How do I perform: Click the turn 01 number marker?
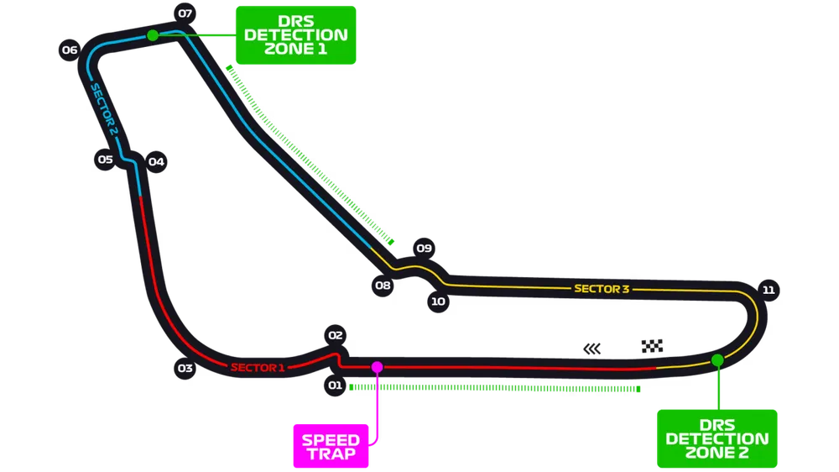coord(335,385)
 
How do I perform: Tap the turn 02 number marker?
coord(336,335)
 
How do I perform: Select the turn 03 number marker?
coord(185,368)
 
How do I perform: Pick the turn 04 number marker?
coord(156,162)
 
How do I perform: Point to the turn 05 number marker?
coord(105,159)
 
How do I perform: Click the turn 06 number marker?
coord(70,50)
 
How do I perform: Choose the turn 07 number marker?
coord(185,13)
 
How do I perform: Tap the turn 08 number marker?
coord(383,286)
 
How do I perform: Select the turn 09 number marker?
coord(424,248)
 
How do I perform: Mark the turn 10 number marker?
coord(438,301)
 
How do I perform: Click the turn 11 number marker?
coord(768,290)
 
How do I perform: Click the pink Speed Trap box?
coord(331,446)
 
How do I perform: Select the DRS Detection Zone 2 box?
coord(717,438)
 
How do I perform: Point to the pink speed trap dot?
coord(377,367)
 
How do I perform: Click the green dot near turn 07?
coord(153,35)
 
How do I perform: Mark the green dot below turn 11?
coord(717,360)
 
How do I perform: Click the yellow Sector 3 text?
coord(602,289)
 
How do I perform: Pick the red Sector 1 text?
coord(258,367)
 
